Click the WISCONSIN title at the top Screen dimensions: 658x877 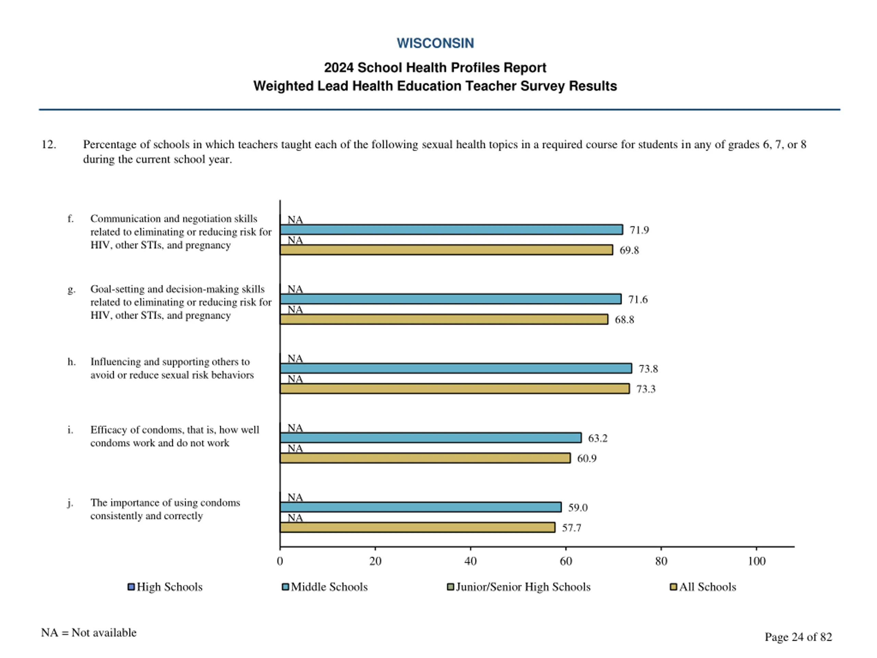[435, 43]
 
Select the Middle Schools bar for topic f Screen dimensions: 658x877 [451, 230]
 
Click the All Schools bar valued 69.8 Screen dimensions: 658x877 [446, 250]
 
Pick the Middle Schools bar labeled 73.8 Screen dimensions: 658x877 [456, 368]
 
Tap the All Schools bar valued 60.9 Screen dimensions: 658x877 [425, 458]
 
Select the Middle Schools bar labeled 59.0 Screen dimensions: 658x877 [420, 507]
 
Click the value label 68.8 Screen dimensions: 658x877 [624, 320]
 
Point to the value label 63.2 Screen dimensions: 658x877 [597, 438]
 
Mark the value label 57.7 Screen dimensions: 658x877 [571, 528]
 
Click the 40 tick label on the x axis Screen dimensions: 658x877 [470, 561]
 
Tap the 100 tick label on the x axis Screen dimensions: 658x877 [756, 561]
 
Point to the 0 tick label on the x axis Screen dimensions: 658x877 [280, 561]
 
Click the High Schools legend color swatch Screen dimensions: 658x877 [131, 587]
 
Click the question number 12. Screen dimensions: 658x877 [48, 144]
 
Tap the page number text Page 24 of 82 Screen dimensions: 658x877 [798, 637]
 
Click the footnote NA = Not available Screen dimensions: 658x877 [88, 633]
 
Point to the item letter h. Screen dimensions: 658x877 [71, 362]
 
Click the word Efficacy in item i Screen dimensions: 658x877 [109, 430]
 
